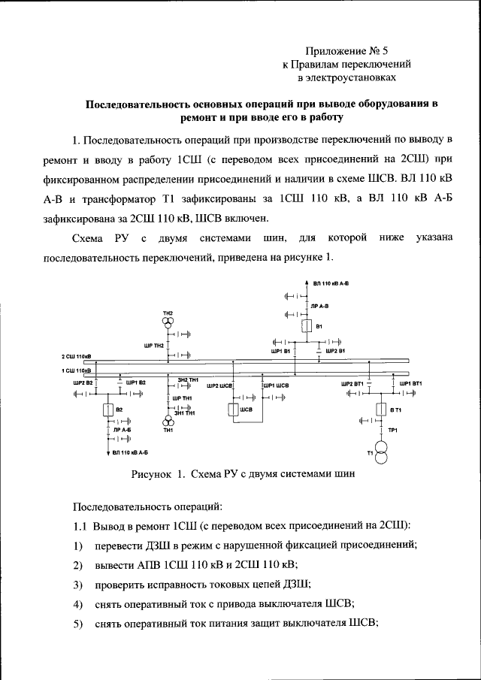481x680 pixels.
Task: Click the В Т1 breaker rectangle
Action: click(381, 409)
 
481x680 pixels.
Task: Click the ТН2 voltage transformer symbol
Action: click(168, 322)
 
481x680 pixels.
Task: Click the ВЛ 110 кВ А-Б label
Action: click(130, 453)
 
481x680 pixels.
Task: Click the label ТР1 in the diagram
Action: click(392, 429)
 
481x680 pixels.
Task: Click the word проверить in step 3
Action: click(119, 584)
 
